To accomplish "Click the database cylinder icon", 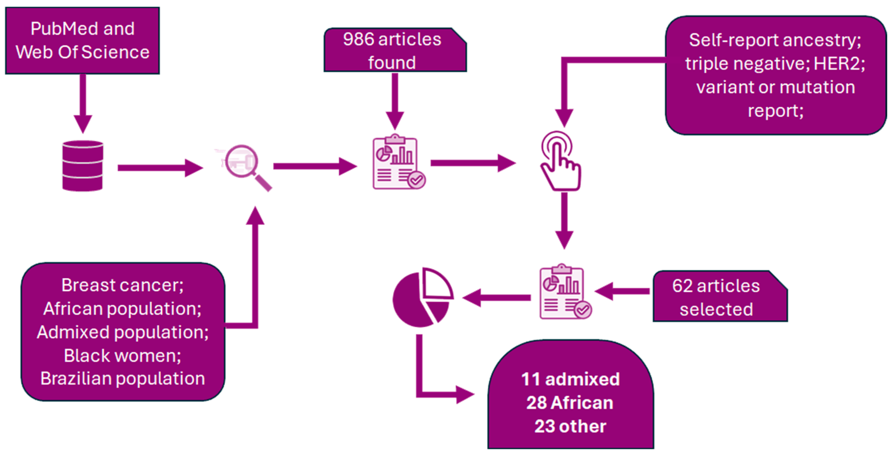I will (82, 166).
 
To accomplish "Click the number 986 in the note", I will (358, 39).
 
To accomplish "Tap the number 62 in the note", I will (682, 286).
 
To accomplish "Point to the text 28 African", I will (570, 403).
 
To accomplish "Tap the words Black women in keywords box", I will (122, 356).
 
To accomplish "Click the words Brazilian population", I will (122, 379).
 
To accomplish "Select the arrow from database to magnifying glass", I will (160, 168).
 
